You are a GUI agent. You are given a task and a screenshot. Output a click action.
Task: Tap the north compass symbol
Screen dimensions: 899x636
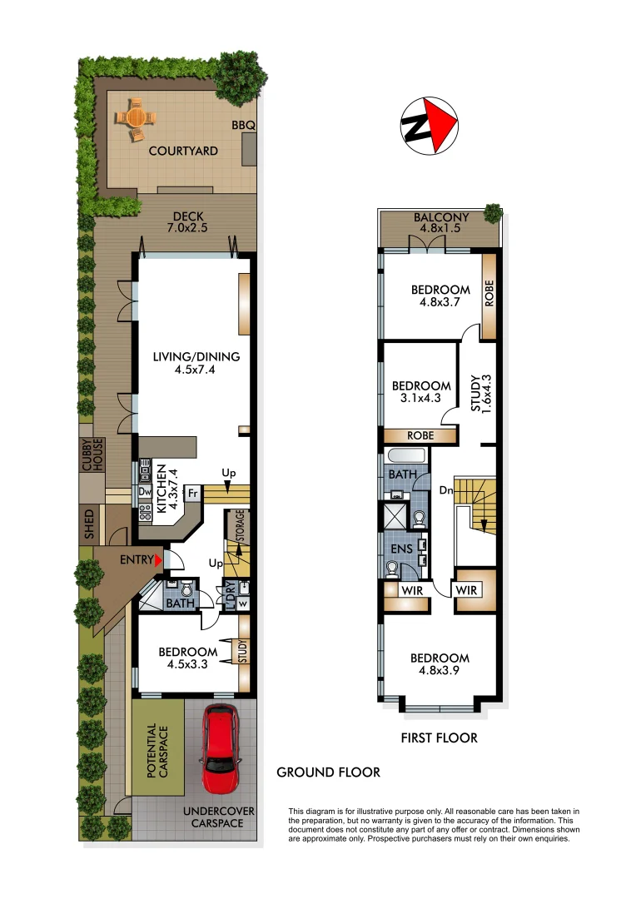(430, 125)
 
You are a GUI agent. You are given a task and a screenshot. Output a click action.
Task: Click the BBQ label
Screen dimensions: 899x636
(244, 125)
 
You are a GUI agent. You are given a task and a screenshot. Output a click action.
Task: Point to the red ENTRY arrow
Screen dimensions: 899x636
(157, 561)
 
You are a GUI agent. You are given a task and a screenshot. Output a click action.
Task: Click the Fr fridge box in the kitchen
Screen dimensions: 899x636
(192, 494)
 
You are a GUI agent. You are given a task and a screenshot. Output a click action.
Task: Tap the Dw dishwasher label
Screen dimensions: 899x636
(143, 491)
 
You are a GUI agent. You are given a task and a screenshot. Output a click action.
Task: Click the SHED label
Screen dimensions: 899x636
(91, 524)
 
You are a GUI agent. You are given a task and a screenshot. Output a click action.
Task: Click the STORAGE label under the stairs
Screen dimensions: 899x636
(239, 526)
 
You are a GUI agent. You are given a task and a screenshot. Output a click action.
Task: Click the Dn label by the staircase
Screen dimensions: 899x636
(445, 489)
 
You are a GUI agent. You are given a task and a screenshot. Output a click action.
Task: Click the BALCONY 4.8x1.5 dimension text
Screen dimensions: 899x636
(441, 225)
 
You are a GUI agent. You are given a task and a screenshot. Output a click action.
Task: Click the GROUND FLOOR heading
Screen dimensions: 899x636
(328, 772)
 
